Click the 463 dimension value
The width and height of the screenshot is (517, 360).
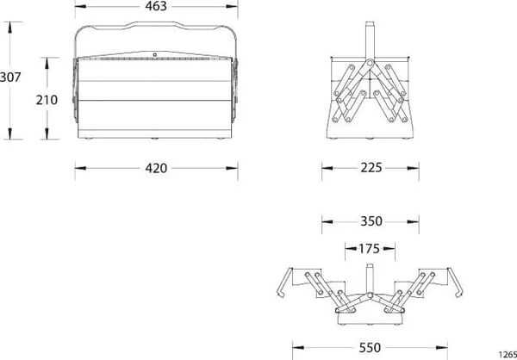(156, 6)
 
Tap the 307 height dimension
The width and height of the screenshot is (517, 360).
(10, 78)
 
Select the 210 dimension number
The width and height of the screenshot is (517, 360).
(47, 100)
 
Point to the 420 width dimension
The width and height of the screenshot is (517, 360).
(156, 169)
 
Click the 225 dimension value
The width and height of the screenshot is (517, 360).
(371, 168)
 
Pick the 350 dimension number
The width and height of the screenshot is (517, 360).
(371, 221)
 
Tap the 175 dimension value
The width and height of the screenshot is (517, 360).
(370, 249)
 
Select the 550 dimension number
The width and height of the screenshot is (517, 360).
(370, 347)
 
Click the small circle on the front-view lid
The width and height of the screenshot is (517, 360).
(154, 55)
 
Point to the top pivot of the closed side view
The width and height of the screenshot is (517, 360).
(370, 62)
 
